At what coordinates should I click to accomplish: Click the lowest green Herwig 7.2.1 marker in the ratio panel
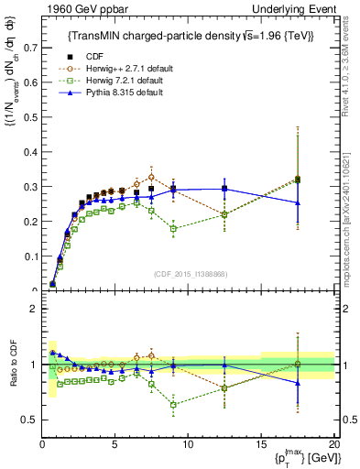173,404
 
